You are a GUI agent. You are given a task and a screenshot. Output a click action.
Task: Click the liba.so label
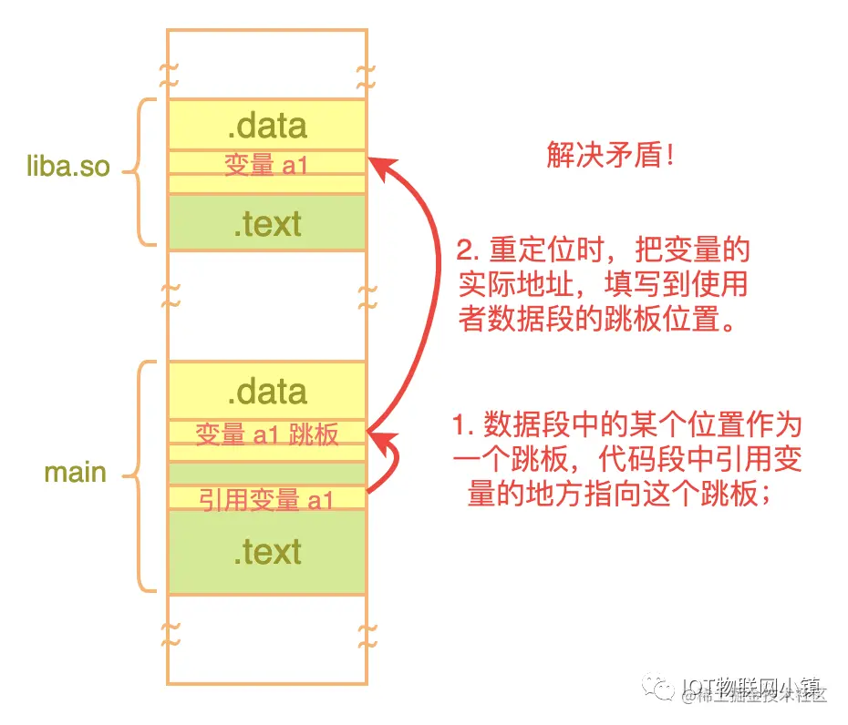point(69,168)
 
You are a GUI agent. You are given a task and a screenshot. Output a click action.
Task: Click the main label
point(76,473)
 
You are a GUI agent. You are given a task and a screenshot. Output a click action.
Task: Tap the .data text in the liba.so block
point(267,125)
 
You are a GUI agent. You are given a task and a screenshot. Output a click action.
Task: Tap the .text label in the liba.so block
point(267,223)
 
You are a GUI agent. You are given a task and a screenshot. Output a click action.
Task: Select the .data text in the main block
point(267,392)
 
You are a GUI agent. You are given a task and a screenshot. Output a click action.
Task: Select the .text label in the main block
point(267,551)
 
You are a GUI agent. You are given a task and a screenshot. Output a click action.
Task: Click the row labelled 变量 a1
point(267,164)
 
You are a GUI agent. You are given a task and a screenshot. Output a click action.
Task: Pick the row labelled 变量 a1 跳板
point(267,434)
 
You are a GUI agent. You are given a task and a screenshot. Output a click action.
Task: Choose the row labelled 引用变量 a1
point(267,499)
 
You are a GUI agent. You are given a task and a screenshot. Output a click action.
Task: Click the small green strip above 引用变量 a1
point(267,474)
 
